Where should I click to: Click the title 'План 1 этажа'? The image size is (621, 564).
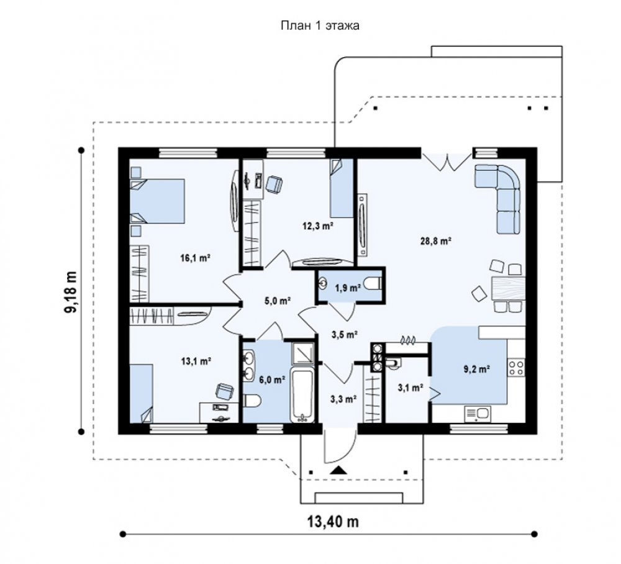point(320,25)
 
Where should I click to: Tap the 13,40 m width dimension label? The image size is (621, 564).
point(333,522)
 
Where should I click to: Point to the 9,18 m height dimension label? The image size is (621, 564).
point(71,292)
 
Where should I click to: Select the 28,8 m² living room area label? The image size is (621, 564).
point(436,241)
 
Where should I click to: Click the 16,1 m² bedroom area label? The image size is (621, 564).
point(195,258)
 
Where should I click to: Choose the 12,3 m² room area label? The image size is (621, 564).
point(317,226)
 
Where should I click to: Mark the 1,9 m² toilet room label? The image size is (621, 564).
point(348,288)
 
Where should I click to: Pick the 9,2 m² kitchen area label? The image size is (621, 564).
point(477,369)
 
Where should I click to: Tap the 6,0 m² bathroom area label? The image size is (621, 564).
point(273,380)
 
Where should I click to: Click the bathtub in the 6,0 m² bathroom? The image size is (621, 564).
point(302,395)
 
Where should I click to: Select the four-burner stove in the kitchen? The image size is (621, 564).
point(517,366)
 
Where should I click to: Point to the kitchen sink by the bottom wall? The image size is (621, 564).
point(478,414)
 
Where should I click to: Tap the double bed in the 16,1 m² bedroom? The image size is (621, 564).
point(158,201)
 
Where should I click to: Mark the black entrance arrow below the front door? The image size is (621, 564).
point(338,470)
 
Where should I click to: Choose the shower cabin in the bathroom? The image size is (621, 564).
point(303,353)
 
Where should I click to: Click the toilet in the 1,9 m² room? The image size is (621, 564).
point(373,284)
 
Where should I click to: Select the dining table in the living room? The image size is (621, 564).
point(509,288)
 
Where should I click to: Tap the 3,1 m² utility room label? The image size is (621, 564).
point(410,388)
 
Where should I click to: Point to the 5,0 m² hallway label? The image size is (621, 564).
point(278,301)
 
